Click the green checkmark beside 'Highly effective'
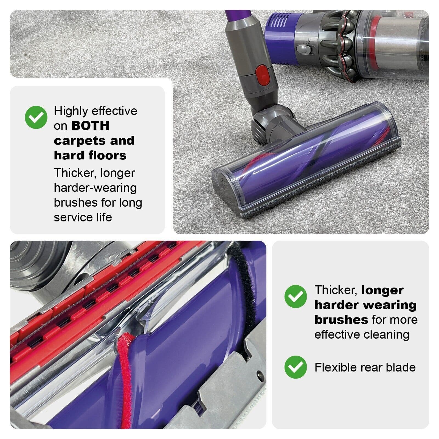coord(36,117)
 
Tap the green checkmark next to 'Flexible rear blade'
coord(296,367)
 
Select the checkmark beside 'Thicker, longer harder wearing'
coord(296,296)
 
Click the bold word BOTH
coord(90,126)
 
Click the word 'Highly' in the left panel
coord(71,111)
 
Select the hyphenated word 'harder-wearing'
coord(95,188)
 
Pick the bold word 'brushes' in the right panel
coord(341,320)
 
